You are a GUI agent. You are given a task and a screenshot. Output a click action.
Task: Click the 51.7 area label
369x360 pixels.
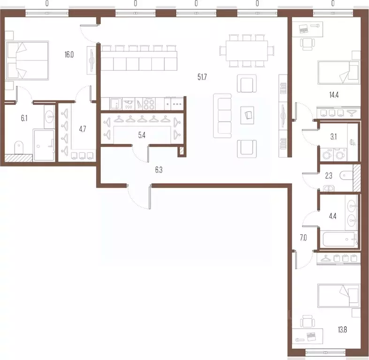[x=202, y=77]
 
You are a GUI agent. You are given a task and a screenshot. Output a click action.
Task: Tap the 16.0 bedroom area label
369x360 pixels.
[x=69, y=55]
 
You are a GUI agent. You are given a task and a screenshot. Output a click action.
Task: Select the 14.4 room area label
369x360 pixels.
[x=334, y=95]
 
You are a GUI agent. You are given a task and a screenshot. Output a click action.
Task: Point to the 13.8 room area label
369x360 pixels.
[x=342, y=330]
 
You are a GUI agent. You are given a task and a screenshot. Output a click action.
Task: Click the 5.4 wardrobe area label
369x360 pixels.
[x=142, y=135]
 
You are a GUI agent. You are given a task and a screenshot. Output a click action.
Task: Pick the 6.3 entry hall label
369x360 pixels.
[x=158, y=170]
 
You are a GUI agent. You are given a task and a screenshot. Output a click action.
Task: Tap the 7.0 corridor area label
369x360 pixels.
[x=303, y=238]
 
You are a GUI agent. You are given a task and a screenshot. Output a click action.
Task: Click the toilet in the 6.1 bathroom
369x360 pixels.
[x=19, y=148]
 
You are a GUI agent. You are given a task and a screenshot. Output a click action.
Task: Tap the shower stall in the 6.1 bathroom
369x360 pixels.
[x=44, y=145]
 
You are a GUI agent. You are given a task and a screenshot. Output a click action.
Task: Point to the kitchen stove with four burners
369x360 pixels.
[x=149, y=104]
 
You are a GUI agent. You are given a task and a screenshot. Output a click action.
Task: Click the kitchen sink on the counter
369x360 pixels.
[x=115, y=104]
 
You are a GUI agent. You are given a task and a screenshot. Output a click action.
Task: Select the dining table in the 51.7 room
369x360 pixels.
[x=247, y=51]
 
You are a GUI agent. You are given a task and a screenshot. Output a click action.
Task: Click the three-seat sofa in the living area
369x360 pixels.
[x=222, y=116]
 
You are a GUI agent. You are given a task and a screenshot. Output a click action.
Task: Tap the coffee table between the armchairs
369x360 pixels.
[x=248, y=115]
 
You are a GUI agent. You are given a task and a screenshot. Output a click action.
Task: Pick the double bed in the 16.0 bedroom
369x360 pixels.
[x=27, y=60]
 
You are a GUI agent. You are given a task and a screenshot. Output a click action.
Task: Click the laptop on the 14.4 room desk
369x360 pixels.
[x=303, y=29]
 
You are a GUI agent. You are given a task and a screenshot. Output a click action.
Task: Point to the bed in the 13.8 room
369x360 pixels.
[x=339, y=296]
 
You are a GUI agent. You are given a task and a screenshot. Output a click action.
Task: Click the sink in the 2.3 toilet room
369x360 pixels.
[x=329, y=188]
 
